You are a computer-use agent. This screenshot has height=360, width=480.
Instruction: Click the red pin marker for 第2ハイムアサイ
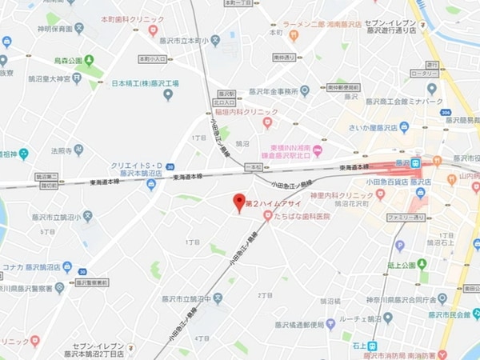(238, 202)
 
